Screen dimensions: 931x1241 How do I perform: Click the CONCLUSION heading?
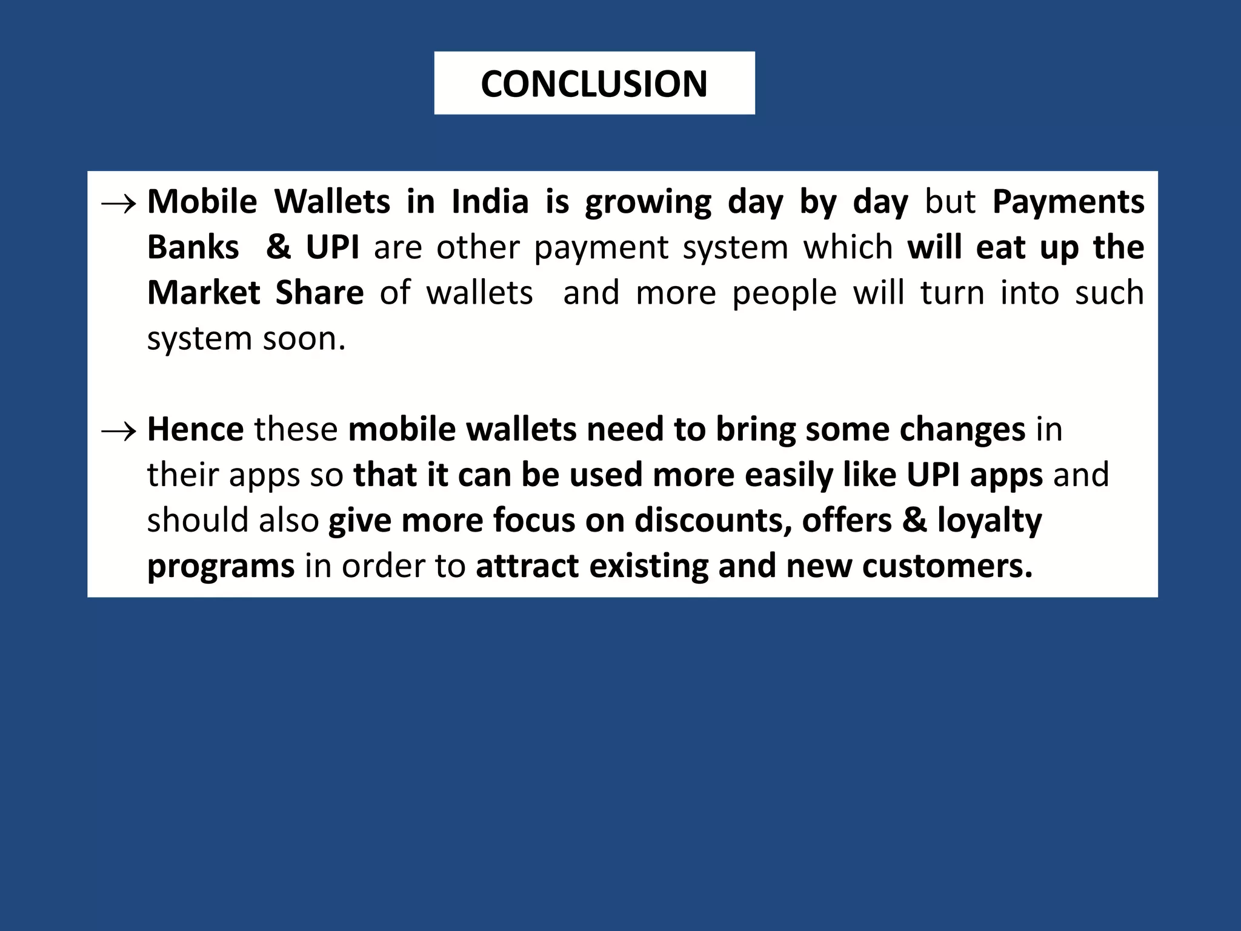(594, 84)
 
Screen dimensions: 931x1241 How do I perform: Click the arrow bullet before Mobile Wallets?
(118, 205)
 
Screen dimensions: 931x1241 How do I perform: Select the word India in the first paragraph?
(490, 202)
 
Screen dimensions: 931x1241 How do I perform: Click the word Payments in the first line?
(1068, 202)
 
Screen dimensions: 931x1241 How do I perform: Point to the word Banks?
(193, 247)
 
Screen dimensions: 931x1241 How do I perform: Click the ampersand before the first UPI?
(278, 247)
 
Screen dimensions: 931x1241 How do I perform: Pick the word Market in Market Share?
(204, 293)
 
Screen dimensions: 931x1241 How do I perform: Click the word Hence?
(195, 429)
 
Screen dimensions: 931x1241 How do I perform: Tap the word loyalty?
(989, 520)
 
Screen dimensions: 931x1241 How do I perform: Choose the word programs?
(221, 567)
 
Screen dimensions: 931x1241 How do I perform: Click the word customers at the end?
(947, 566)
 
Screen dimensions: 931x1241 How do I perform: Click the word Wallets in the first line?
(332, 202)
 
